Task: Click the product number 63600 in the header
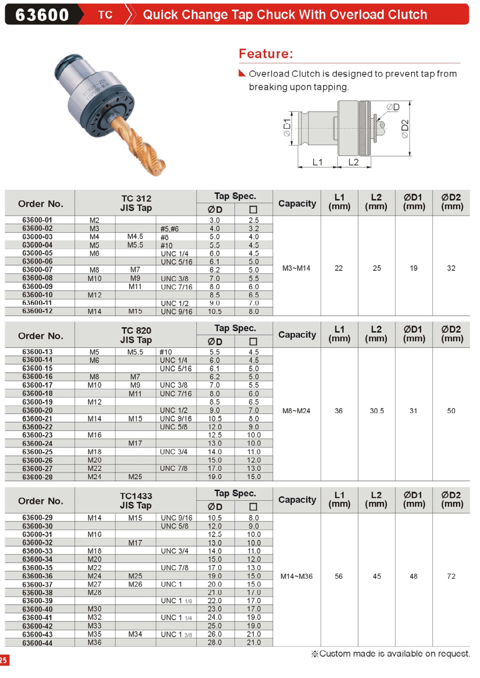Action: [42, 15]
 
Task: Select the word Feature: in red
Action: [266, 54]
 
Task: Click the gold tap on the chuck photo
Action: [140, 146]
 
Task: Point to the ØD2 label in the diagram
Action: [405, 129]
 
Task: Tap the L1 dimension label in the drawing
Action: [317, 162]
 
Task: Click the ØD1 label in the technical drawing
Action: [287, 128]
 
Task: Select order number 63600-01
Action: [37, 220]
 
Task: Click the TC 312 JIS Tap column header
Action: [136, 203]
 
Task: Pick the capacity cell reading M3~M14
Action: [296, 268]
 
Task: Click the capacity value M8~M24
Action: [296, 411]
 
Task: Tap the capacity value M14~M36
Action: [296, 576]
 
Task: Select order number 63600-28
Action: [37, 477]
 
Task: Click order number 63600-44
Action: [37, 643]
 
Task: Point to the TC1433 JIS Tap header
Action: [136, 500]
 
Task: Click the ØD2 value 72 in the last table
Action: [451, 576]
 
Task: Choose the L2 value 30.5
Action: [377, 411]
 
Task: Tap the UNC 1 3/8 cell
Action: [176, 634]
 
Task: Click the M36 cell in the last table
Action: [95, 643]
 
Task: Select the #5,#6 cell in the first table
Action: [170, 229]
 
